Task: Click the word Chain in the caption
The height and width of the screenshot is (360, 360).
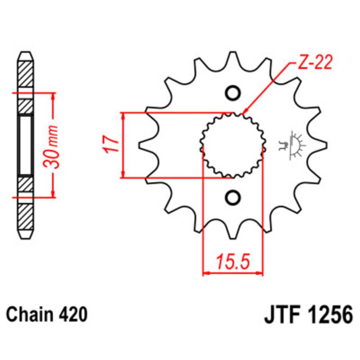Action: pyautogui.click(x=30, y=314)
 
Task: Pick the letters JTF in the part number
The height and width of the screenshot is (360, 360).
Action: pyautogui.click(x=282, y=314)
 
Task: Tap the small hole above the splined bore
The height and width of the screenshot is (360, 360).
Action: pyautogui.click(x=233, y=93)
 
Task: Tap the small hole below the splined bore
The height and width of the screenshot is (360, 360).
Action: pyautogui.click(x=233, y=197)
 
